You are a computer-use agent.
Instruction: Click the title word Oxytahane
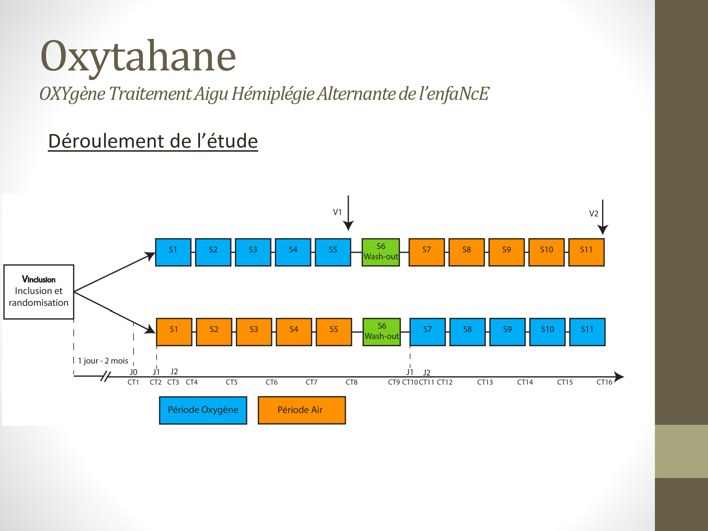(138, 57)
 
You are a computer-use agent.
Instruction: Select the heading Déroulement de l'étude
(153, 141)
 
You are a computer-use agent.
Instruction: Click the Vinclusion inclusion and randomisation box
(39, 292)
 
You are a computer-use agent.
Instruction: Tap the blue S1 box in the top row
(173, 252)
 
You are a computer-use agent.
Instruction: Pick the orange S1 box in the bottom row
(174, 332)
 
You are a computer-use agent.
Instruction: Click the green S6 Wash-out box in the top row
(381, 252)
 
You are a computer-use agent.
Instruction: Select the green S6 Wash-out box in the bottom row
(382, 332)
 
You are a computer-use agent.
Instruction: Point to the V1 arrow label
(337, 212)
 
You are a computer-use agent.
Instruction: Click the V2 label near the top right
(594, 213)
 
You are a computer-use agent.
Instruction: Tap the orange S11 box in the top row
(586, 252)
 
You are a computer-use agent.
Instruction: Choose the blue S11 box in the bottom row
(587, 332)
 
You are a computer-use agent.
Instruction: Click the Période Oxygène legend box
(203, 410)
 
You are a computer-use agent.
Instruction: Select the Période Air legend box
(302, 410)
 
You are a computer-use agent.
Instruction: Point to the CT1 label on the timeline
(133, 382)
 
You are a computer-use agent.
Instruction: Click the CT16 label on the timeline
(604, 382)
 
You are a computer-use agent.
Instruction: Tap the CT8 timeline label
(352, 382)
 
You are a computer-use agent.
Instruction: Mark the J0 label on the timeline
(133, 372)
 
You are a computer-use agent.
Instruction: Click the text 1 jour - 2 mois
(103, 361)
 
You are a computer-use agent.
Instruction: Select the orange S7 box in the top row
(427, 252)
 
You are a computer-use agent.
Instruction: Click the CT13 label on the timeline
(485, 382)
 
